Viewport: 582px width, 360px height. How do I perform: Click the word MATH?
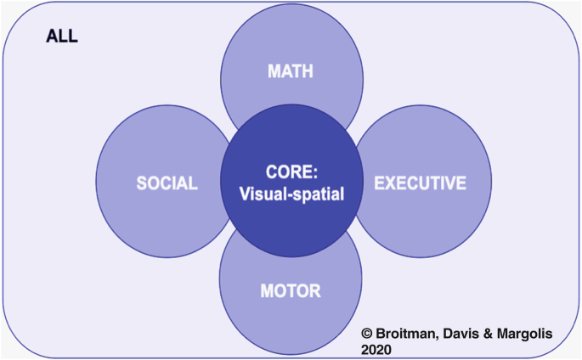(290, 71)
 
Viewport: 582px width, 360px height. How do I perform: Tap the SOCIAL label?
(167, 183)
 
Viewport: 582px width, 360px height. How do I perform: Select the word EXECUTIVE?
(421, 183)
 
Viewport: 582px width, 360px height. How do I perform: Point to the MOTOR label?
(290, 291)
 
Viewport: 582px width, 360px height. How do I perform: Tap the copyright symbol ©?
(368, 334)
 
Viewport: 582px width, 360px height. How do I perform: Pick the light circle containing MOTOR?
(290, 318)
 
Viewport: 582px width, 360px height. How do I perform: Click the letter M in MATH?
(273, 71)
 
